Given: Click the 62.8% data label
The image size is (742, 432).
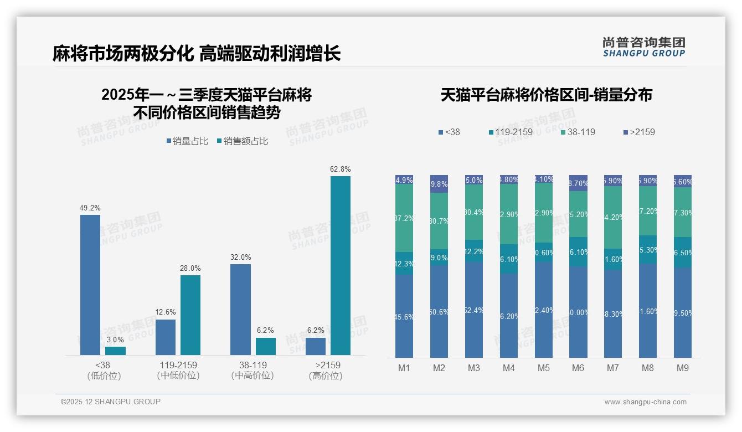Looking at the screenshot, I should click(x=340, y=169).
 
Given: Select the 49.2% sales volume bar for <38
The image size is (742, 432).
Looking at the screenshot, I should click(x=90, y=285).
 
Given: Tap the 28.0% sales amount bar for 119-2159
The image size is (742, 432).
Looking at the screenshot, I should click(x=190, y=315).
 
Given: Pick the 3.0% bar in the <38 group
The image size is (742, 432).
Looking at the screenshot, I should click(x=115, y=351).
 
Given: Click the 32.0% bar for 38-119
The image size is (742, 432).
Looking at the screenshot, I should click(x=240, y=309).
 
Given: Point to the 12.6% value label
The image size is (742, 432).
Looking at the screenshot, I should click(x=165, y=312).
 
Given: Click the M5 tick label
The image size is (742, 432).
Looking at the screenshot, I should click(x=543, y=368).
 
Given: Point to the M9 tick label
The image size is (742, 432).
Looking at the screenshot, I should click(x=682, y=368).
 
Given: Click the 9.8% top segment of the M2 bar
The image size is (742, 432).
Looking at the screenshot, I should click(x=439, y=184).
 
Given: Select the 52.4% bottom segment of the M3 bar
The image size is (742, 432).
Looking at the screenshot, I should click(x=473, y=310).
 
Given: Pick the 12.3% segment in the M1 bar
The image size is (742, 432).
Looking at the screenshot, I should click(x=404, y=264).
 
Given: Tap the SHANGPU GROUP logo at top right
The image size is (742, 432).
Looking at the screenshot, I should click(x=644, y=47).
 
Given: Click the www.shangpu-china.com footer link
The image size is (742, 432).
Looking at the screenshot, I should click(x=645, y=402).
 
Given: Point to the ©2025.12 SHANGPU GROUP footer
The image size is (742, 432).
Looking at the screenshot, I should click(x=111, y=402).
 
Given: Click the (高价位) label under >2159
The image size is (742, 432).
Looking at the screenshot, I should click(x=325, y=376).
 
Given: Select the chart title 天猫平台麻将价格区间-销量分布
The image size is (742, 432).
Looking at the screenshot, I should click(x=546, y=95).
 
